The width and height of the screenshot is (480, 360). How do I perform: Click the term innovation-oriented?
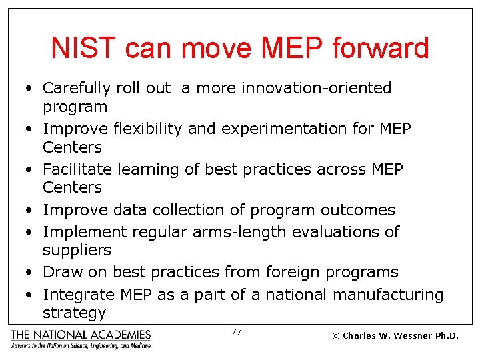pyautogui.click(x=317, y=88)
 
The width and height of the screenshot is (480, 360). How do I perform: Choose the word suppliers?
pyautogui.click(x=77, y=251)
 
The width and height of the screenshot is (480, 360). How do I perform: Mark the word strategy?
pyautogui.click(x=74, y=313)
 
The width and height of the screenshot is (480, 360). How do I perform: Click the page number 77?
pyautogui.click(x=236, y=331)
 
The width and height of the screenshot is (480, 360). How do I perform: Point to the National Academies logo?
pyautogui.click(x=81, y=339)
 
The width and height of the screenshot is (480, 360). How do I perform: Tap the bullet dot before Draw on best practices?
pyautogui.click(x=31, y=273)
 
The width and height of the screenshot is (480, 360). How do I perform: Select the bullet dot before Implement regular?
pyautogui.click(x=31, y=233)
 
